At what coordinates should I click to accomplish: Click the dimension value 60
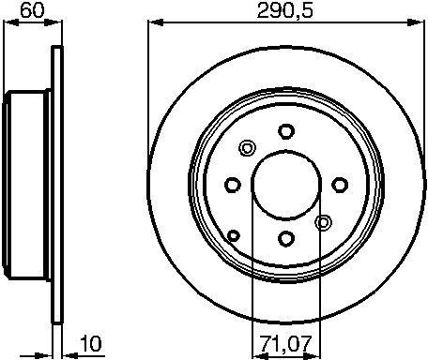pyautogui.click(x=32, y=10)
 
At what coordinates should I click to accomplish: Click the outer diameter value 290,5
pyautogui.click(x=284, y=11)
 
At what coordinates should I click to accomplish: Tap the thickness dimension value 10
pyautogui.click(x=91, y=343)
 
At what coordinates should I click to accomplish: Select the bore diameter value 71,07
pyautogui.click(x=286, y=343)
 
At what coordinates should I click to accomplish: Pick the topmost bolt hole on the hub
pyautogui.click(x=286, y=131)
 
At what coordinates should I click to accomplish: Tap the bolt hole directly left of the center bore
pyautogui.click(x=233, y=185)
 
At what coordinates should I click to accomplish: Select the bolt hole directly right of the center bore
pyautogui.click(x=340, y=185)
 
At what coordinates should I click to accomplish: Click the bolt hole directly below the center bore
pyautogui.click(x=286, y=239)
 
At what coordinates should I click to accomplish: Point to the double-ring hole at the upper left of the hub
pyautogui.click(x=247, y=148)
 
